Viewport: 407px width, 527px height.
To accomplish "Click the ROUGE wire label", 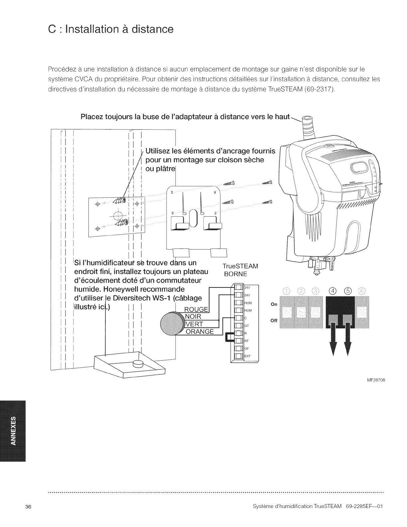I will coord(196,309).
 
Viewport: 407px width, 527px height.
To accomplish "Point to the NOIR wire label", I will coord(193,317).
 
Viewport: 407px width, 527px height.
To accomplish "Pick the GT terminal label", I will coord(247,326).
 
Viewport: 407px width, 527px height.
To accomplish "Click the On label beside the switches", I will coord(274,304).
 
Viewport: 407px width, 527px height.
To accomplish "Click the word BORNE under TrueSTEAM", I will coord(235,274).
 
